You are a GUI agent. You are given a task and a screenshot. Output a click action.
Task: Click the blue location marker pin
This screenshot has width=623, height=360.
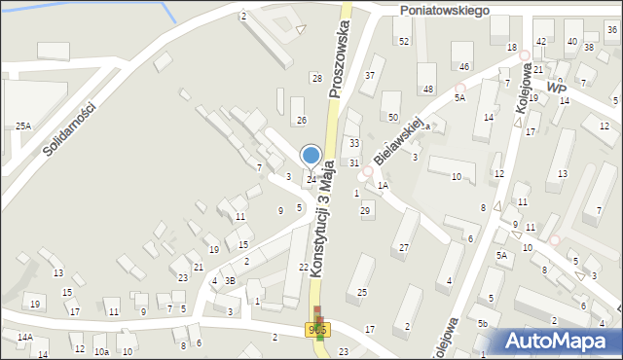[x=311, y=156]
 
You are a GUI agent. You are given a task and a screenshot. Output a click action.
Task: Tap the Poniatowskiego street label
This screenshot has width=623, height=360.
[x=443, y=8]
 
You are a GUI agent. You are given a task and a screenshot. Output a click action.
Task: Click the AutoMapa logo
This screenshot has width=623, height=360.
[x=559, y=340]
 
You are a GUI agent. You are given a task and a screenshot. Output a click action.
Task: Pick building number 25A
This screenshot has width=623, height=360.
[x=23, y=126]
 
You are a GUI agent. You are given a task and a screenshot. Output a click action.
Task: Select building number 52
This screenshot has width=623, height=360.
[x=403, y=41]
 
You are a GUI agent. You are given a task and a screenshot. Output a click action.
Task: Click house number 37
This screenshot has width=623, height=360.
[x=369, y=75]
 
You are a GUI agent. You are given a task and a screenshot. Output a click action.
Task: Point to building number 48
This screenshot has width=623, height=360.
[x=428, y=89]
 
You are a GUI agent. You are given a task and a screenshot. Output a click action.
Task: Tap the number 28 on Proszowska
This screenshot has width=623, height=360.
[x=316, y=77]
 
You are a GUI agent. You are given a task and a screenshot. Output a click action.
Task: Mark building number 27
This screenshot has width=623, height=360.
[x=403, y=247]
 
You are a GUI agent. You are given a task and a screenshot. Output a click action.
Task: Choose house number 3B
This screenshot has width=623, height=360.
[x=230, y=280]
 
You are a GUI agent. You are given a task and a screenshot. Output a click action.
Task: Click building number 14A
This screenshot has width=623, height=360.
[x=24, y=337]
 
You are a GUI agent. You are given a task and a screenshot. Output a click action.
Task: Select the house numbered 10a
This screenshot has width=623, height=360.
[x=101, y=351]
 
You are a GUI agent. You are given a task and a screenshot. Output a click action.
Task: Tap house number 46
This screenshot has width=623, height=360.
[x=464, y=66]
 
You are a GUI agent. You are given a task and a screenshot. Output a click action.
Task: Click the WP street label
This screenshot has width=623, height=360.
[x=557, y=88]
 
